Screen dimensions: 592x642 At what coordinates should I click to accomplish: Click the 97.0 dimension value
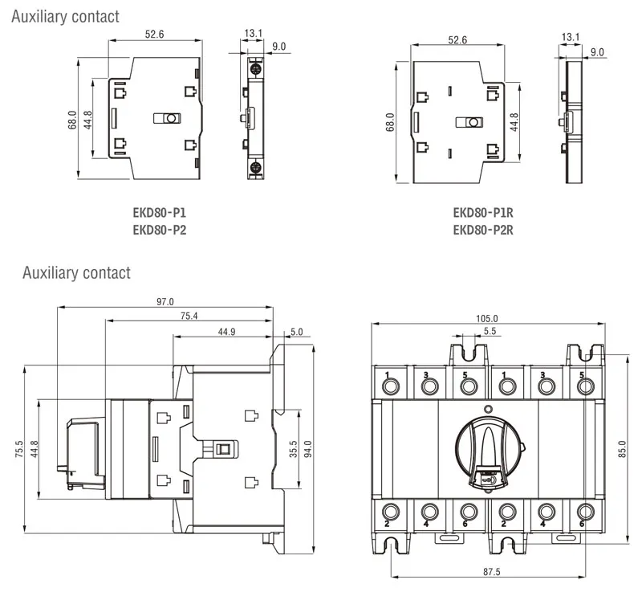coord(165,302)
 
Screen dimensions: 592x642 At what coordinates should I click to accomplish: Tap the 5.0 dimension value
coord(297,332)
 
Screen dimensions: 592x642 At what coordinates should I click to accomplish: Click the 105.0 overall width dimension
coord(486,319)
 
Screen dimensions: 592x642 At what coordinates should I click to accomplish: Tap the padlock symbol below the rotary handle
coord(486,480)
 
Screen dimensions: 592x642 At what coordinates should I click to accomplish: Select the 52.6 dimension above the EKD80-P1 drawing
coord(155,34)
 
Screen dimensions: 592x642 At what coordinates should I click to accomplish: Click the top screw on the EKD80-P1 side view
coord(254,67)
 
